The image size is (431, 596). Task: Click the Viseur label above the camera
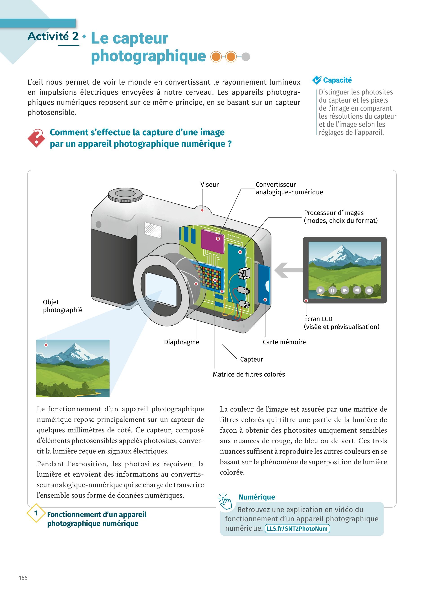click(209, 184)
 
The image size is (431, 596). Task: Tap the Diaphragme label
click(182, 342)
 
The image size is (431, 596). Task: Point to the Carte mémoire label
click(284, 342)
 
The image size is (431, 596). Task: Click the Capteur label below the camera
click(251, 359)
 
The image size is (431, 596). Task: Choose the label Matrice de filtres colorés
click(249, 374)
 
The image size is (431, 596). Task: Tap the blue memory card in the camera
click(264, 284)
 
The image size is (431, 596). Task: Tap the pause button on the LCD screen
click(332, 290)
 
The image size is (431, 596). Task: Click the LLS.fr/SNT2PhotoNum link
click(297, 528)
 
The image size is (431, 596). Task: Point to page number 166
click(23, 578)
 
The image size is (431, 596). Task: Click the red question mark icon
click(37, 138)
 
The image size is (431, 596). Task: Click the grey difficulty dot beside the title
click(246, 57)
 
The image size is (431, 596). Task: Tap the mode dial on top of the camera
click(125, 195)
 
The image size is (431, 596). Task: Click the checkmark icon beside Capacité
click(317, 80)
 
